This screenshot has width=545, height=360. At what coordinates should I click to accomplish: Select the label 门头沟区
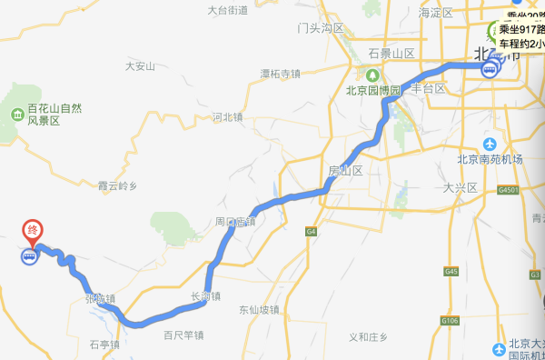pyautogui.click(x=321, y=29)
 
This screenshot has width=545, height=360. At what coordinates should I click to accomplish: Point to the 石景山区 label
pyautogui.click(x=391, y=54)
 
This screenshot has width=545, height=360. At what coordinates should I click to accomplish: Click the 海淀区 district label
pyautogui.click(x=435, y=13)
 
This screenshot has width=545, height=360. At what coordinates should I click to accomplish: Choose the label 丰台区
pyautogui.click(x=428, y=88)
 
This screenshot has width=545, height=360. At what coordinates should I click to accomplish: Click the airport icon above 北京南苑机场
pyautogui.click(x=490, y=144)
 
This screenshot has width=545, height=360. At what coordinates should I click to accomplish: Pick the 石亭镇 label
pyautogui.click(x=104, y=345)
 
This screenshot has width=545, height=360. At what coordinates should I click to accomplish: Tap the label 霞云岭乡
pyautogui.click(x=117, y=185)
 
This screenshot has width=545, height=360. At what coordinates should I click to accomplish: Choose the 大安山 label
pyautogui.click(x=141, y=65)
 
